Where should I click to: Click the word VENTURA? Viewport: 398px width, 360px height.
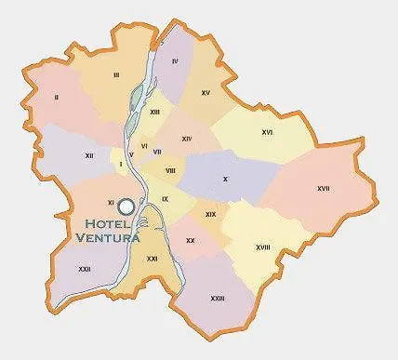click(x=108, y=238)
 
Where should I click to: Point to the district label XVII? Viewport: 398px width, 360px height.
click(x=323, y=189)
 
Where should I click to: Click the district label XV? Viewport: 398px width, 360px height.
click(x=206, y=93)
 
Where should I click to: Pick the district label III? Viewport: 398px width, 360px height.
click(x=116, y=73)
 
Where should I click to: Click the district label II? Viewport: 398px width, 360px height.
click(x=57, y=97)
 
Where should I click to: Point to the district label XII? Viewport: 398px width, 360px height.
click(x=88, y=155)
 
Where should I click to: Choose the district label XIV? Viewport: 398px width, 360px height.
click(x=186, y=139)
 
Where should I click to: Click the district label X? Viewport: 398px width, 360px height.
click(x=224, y=178)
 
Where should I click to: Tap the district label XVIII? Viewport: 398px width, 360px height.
click(x=262, y=247)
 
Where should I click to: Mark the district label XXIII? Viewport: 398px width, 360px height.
click(x=218, y=299)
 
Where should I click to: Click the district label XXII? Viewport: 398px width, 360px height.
click(x=85, y=270)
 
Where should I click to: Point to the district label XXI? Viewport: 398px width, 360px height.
click(x=152, y=258)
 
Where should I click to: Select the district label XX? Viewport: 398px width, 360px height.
click(x=190, y=241)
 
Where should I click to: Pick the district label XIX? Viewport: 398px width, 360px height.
click(x=210, y=215)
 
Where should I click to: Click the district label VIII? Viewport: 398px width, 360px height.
click(x=171, y=171)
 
